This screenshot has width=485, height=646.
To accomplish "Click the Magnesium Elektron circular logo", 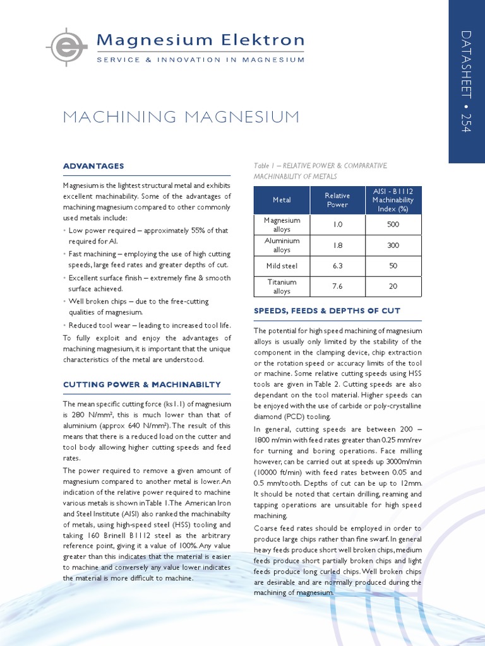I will [x=65, y=48].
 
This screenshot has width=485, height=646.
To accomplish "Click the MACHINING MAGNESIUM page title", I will [x=181, y=117].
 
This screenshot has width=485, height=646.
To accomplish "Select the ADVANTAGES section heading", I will [x=93, y=166].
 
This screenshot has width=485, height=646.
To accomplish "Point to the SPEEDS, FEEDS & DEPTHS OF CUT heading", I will [x=326, y=311].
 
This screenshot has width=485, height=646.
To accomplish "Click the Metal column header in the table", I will [x=282, y=200].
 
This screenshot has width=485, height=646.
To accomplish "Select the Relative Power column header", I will [x=337, y=200].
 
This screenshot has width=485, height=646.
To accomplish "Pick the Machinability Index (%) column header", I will [x=393, y=200].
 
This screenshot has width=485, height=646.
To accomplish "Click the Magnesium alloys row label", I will [x=282, y=225].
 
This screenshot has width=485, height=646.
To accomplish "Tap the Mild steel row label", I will [x=282, y=266].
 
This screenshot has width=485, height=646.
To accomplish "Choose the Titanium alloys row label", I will [x=282, y=286].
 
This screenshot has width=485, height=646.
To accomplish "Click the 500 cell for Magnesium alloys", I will [x=393, y=225].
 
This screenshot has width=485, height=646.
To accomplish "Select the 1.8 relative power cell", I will [x=337, y=245].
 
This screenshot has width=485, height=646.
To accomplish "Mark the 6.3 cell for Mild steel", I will [x=337, y=266].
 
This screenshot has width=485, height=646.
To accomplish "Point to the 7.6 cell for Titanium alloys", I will [x=337, y=286].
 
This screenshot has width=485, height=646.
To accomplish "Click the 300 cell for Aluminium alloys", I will [x=393, y=245].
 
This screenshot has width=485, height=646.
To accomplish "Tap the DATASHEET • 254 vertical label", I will [x=467, y=81].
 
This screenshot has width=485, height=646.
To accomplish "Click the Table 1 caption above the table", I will [x=320, y=170].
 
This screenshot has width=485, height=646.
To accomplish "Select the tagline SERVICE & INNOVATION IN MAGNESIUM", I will [x=200, y=60].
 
